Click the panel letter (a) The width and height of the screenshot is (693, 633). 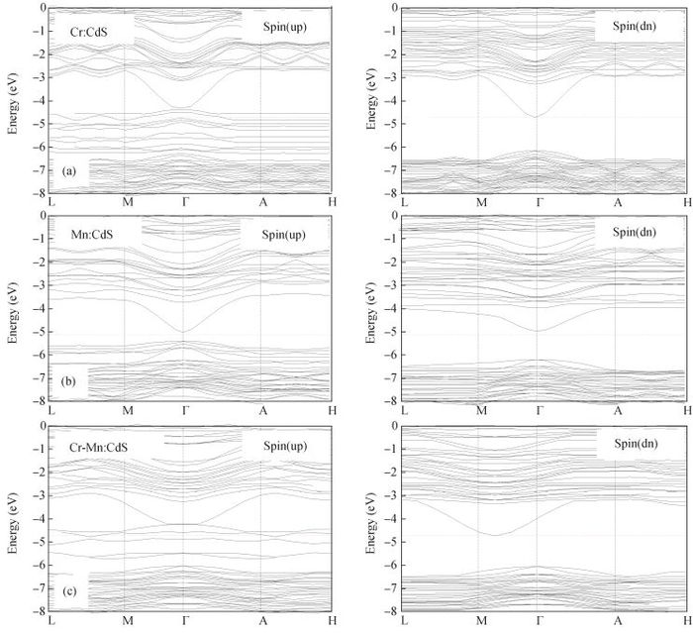[68, 171]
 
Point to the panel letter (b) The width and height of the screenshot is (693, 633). [68, 380]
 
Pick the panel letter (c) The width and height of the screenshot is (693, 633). [68, 591]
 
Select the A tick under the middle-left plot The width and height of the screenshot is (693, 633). [262, 411]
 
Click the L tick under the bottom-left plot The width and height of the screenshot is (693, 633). [51, 621]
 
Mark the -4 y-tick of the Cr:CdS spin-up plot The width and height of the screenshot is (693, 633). [39, 100]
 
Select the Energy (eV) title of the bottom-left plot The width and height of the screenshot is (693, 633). [13, 519]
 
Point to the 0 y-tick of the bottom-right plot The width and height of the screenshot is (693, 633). [396, 426]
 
